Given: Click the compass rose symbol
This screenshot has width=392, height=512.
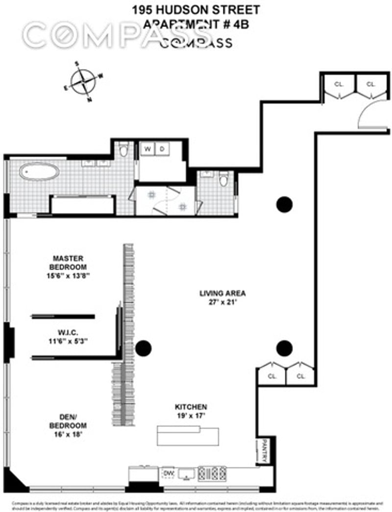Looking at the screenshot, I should coord(83,82).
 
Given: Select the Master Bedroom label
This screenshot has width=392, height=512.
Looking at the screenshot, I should coord(69,262).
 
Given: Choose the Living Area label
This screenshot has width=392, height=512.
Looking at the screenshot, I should coord(222,294).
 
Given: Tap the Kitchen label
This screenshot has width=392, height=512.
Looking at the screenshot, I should coord(191,407).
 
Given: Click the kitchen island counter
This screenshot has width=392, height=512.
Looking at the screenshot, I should coord(188,435).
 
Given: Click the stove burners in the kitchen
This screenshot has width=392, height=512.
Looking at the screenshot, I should coord(212,473).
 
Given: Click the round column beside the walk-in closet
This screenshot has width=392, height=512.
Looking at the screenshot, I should coord(143,349).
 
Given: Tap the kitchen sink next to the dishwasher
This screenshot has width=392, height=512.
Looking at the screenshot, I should coord(186,473).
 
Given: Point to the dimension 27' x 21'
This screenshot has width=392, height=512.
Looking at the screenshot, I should coord(222,303).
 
